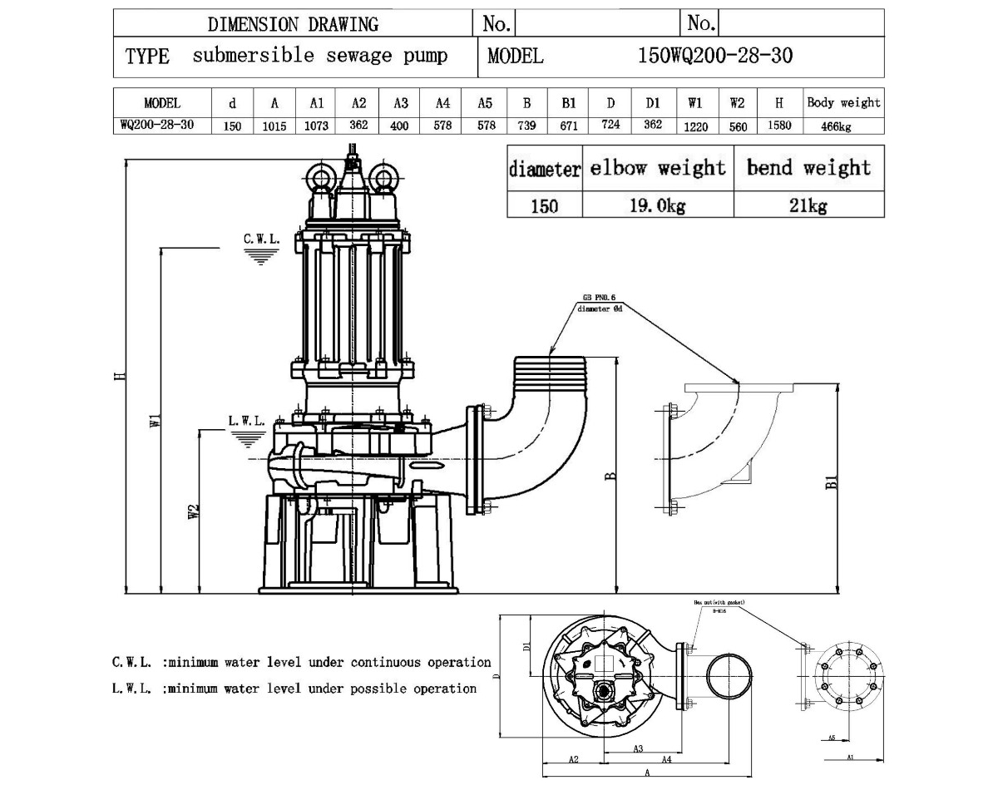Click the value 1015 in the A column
point(274,126)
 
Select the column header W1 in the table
point(695,103)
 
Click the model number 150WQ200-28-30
point(714,56)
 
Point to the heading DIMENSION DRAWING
point(293,24)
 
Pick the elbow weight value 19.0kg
point(657,205)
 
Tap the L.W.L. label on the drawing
point(246,421)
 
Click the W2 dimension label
point(193,511)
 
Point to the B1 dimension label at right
point(831,482)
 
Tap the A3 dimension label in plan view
point(638,748)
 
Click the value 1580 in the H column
point(779,126)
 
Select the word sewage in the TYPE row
point(352,56)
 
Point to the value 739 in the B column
point(526,126)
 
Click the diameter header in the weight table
point(544,169)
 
